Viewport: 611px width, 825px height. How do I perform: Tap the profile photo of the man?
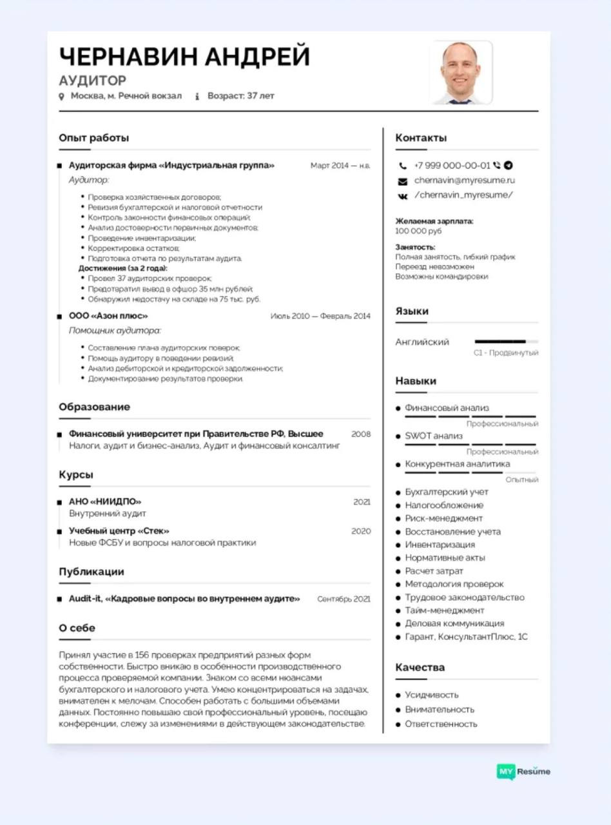(461, 72)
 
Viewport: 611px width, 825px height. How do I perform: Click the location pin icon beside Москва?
(62, 96)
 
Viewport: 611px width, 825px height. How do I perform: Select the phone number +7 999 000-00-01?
(452, 165)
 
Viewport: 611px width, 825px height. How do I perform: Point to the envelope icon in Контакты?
(403, 181)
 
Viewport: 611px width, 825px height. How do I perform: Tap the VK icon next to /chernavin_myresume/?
(403, 196)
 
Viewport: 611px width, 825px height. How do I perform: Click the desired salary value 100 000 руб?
(418, 231)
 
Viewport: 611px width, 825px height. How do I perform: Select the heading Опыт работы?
(93, 138)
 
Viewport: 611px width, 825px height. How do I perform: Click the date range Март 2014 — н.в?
(340, 166)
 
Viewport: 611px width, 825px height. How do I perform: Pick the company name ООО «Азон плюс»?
(108, 316)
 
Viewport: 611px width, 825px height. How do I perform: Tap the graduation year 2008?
(361, 434)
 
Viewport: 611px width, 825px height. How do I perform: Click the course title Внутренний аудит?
(108, 514)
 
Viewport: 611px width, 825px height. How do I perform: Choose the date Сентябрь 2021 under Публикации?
(344, 599)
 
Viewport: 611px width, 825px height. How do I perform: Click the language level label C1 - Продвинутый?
(505, 353)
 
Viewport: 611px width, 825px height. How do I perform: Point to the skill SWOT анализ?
(433, 436)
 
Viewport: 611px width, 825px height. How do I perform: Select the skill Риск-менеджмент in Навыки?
(443, 518)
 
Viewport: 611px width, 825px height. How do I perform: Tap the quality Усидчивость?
(431, 695)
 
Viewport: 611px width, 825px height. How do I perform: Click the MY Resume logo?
(523, 771)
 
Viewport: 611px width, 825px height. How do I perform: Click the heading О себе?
(77, 628)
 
